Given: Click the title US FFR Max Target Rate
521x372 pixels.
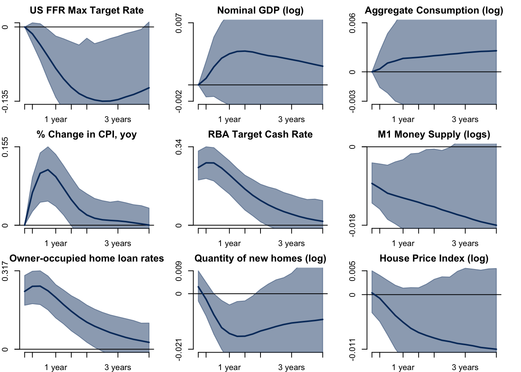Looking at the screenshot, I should coord(86,10).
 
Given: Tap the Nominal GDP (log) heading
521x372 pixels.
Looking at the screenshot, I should coord(260,10).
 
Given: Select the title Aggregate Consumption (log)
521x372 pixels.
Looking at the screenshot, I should coord(434,10).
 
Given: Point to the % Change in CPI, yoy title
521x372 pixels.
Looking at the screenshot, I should coord(86,134).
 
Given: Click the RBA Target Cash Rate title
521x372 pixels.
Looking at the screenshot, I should coord(260,134).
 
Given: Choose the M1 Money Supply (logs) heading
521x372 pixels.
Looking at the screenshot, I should coord(434,134).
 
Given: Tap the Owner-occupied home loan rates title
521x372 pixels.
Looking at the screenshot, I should coord(86,258).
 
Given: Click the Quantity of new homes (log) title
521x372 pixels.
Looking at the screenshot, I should coord(260,258).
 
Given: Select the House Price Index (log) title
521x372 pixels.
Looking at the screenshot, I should coord(434,258).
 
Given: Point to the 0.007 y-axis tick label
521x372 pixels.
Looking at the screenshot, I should coord(179,23).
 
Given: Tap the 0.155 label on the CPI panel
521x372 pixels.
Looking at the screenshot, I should coord(5,147).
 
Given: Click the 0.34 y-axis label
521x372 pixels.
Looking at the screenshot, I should coord(179,147).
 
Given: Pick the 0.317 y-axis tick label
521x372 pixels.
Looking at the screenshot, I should coord(5,271).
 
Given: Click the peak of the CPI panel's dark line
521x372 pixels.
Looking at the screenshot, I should coord(48,169).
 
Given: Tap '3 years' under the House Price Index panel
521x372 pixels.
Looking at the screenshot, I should coord(465,367).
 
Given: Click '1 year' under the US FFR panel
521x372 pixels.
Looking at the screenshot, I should coord(56,119).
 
